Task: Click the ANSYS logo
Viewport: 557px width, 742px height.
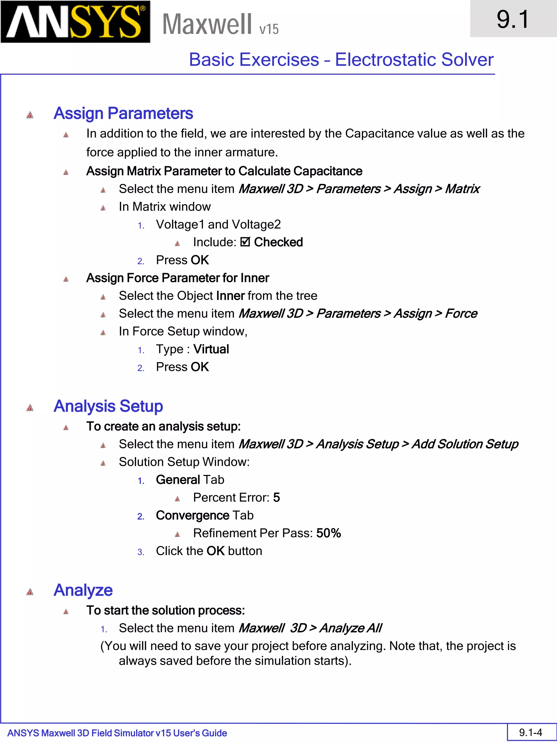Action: click(75, 22)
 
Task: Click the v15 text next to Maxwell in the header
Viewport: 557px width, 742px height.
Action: click(269, 29)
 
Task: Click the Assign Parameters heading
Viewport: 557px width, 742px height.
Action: click(123, 113)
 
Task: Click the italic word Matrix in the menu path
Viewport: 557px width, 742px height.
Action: click(462, 189)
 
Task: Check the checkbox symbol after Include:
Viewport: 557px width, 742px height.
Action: click(245, 242)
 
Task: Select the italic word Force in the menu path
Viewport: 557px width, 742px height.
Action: click(461, 313)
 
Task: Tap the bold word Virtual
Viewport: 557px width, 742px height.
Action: click(211, 349)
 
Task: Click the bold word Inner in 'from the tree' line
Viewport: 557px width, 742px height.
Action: click(230, 296)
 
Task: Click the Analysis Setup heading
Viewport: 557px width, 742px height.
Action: click(108, 406)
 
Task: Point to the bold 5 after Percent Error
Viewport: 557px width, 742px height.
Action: click(276, 497)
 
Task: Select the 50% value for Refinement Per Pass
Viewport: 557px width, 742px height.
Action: click(328, 533)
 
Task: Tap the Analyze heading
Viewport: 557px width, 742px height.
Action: click(83, 590)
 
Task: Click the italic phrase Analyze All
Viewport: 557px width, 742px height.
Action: click(350, 628)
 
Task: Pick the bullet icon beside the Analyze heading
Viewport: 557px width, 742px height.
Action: click(30, 592)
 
